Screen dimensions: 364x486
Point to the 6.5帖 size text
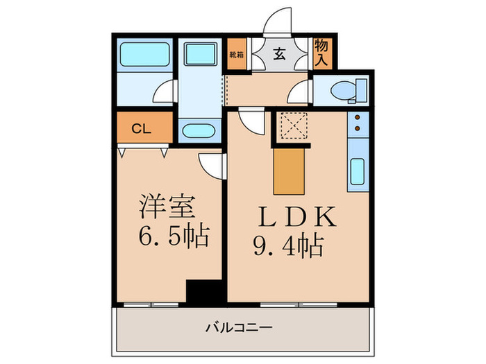tap(172, 237)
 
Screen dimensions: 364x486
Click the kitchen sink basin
tap(357, 171)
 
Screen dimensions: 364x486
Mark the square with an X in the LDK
tap(291, 127)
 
